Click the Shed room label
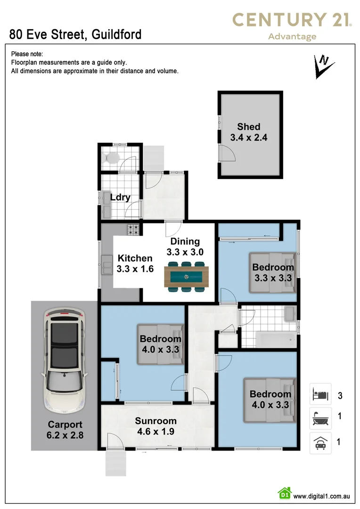tap(249, 132)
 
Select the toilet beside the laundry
tap(113, 157)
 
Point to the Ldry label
tap(120, 197)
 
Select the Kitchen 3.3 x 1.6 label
tap(135, 263)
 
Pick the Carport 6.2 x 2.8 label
tap(65, 429)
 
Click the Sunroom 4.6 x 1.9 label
tap(155, 426)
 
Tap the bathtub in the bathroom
tap(275, 339)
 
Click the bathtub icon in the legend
tap(320, 417)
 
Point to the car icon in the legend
tap(320, 443)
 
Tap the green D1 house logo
tap(284, 493)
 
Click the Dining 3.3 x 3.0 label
tap(185, 247)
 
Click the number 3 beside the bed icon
tap(340, 395)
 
